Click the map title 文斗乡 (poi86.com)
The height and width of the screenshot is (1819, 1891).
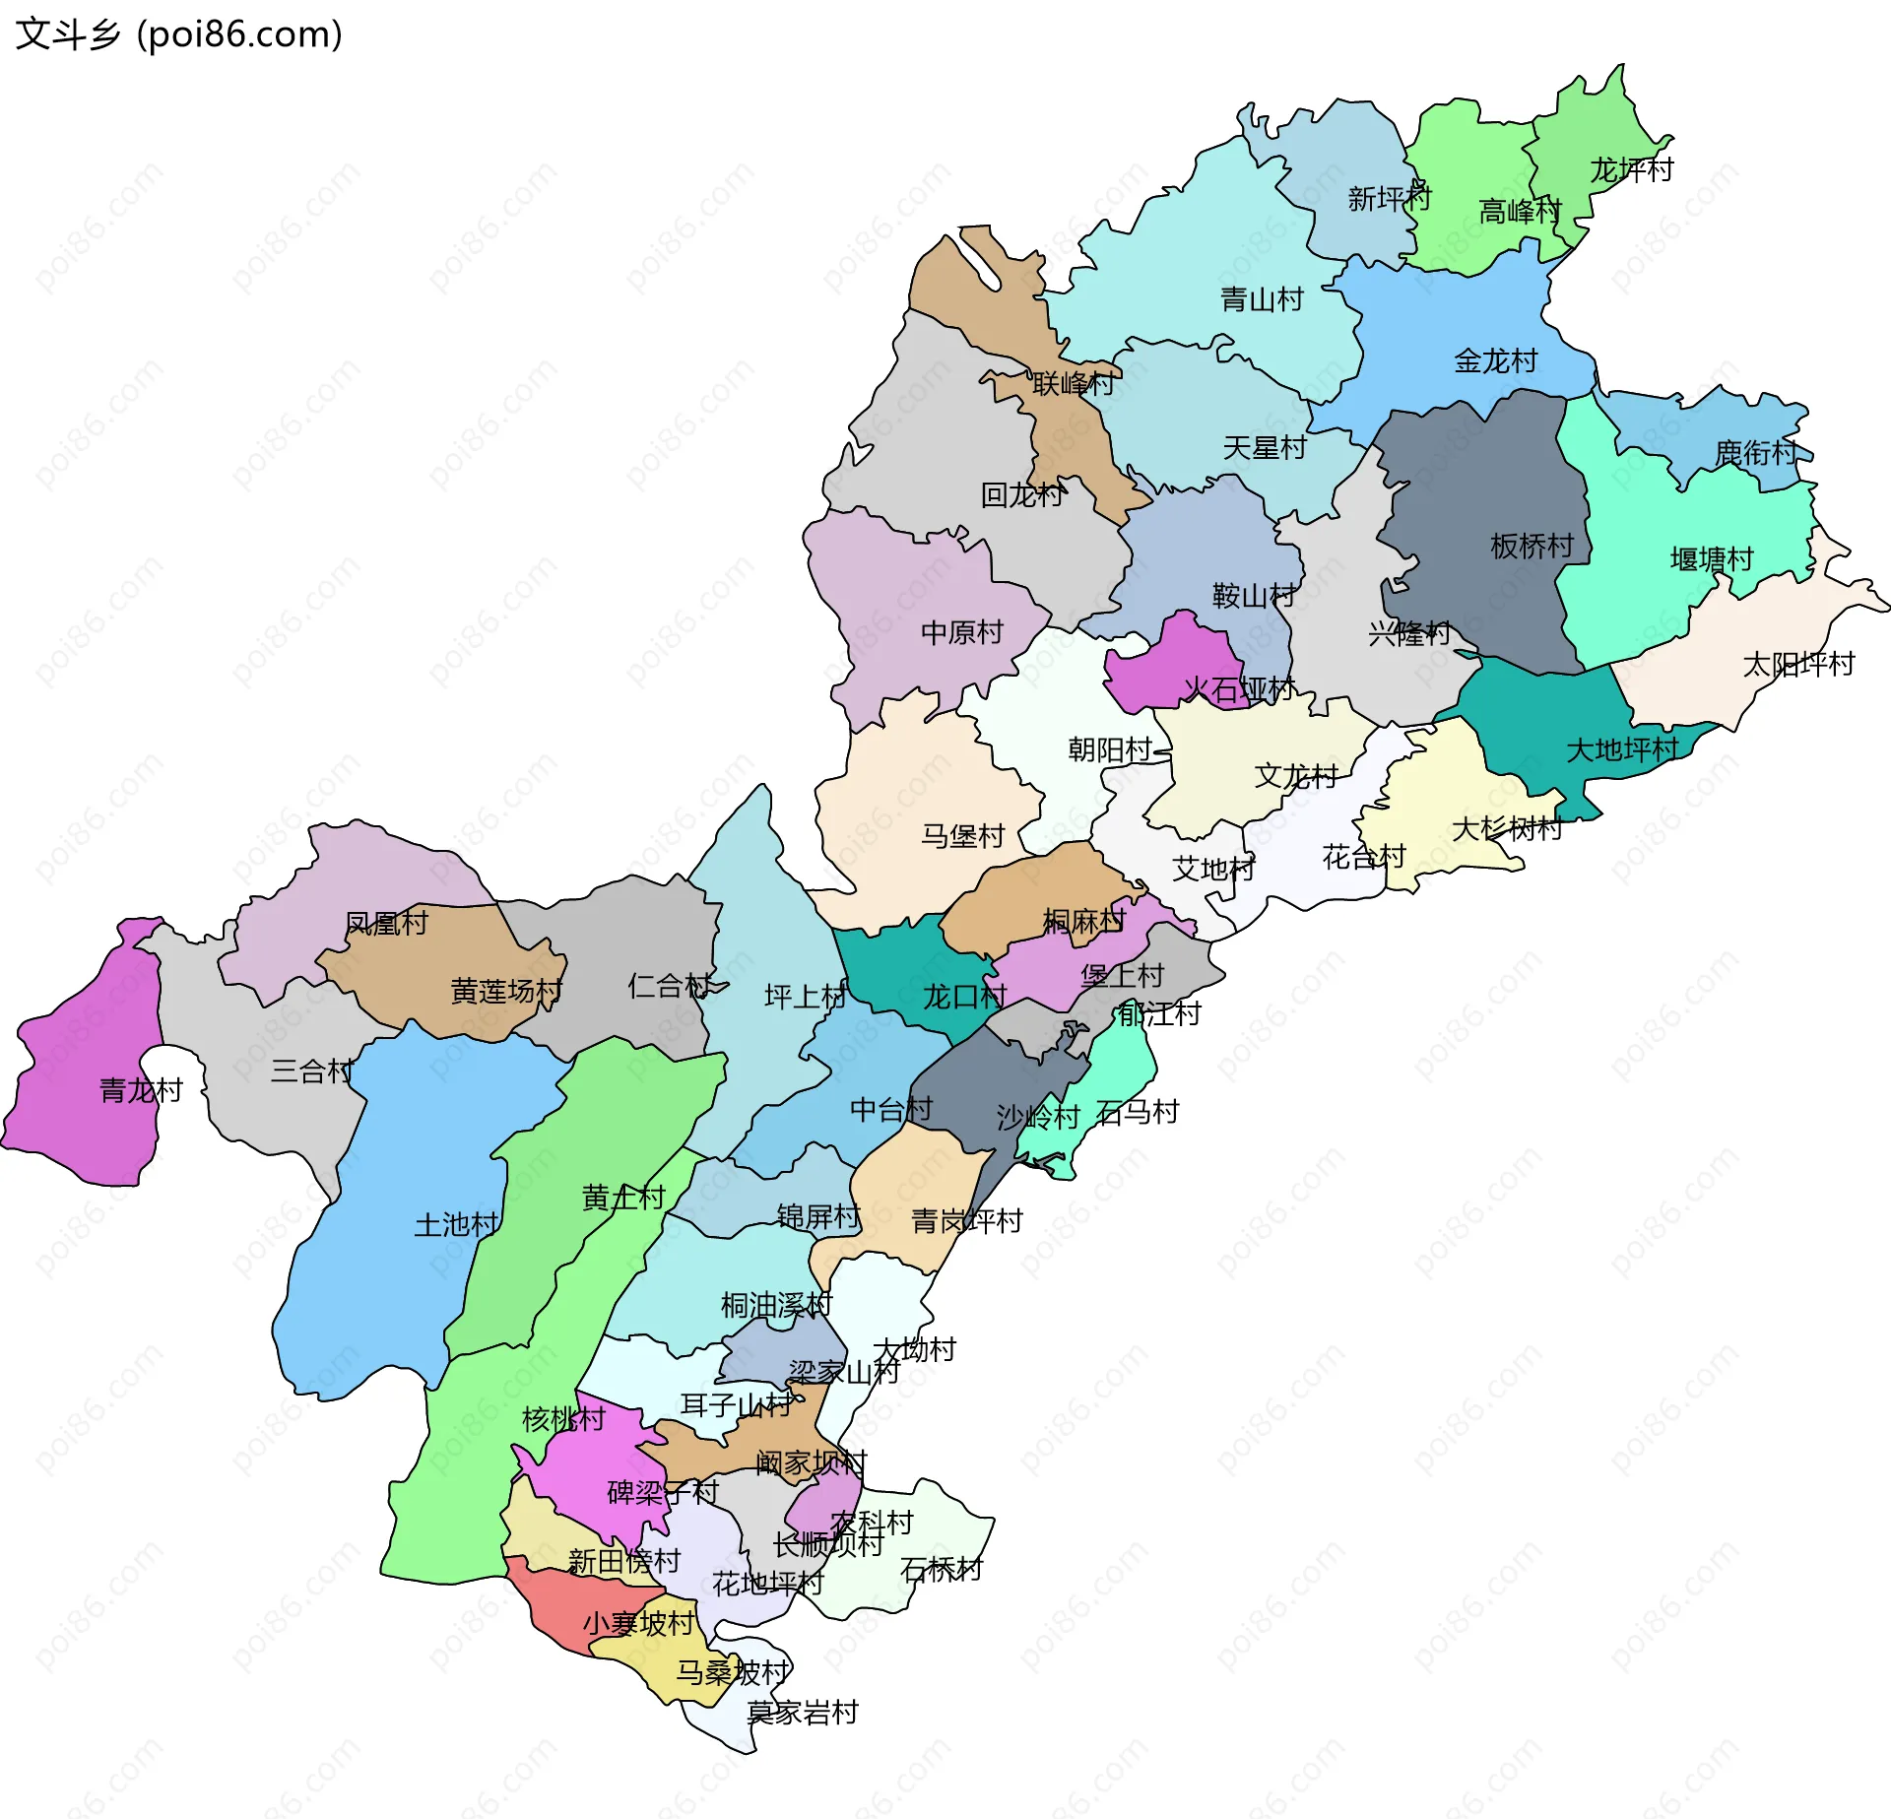tap(179, 34)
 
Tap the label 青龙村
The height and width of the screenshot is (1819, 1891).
tap(141, 1090)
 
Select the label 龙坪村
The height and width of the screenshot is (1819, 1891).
tap(1632, 170)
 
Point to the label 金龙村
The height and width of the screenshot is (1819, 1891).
tap(1495, 361)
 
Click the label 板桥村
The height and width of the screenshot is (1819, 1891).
tap(1532, 546)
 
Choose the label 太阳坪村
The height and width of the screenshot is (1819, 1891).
tap(1798, 665)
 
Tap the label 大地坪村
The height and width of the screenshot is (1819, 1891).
tap(1622, 750)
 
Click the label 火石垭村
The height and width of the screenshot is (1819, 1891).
tap(1239, 689)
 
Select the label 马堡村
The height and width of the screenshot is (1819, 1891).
tap(962, 836)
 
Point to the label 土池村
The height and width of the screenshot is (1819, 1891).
tap(456, 1225)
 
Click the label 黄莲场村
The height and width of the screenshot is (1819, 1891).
tap(506, 991)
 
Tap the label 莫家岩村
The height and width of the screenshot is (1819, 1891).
tap(802, 1713)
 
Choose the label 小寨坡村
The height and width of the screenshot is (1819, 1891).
tap(638, 1623)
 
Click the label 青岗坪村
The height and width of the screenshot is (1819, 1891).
tap(966, 1221)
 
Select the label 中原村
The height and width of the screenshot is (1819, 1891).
tap(961, 632)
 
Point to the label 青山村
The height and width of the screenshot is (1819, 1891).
tap(1262, 299)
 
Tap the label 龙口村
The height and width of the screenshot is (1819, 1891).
tap(964, 997)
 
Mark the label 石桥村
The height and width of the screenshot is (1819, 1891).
tap(941, 1570)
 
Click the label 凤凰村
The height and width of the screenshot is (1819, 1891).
tap(386, 924)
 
